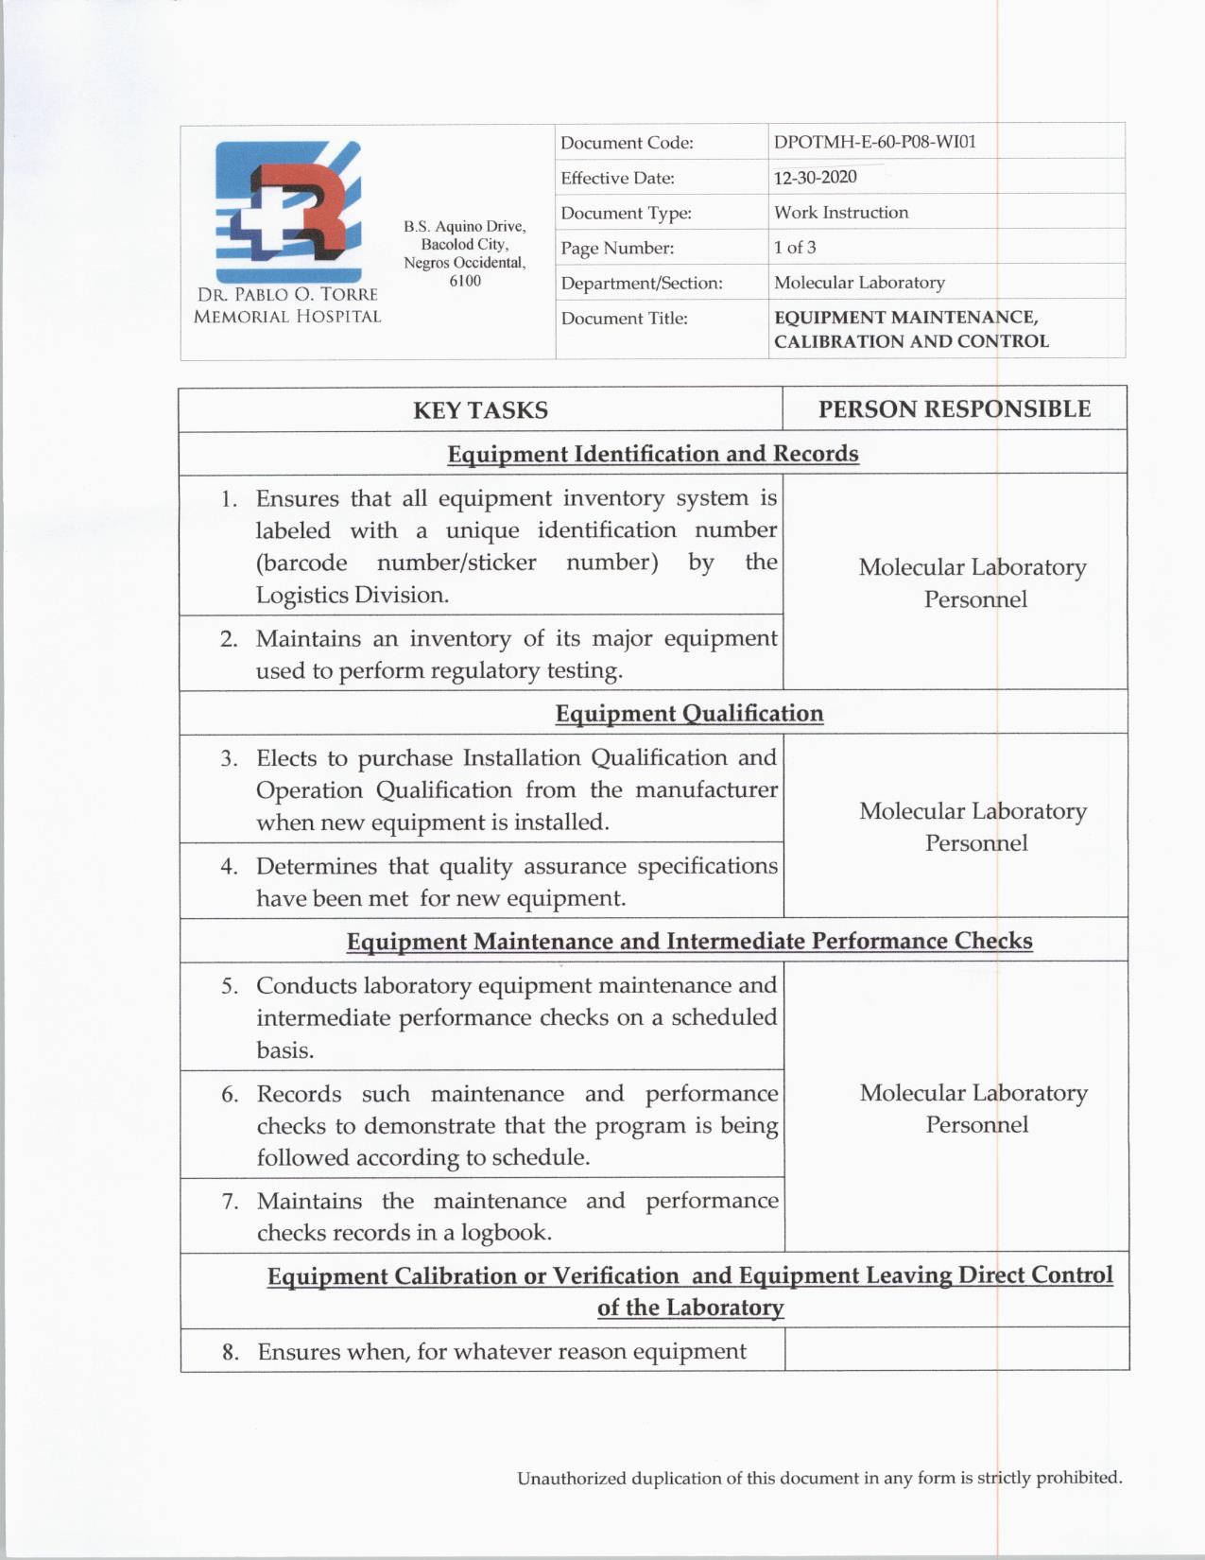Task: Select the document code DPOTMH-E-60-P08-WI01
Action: tap(874, 142)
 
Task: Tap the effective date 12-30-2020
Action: tap(815, 178)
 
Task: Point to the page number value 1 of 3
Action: tap(795, 248)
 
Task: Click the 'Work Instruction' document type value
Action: tap(840, 213)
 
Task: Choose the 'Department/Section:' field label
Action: tap(641, 284)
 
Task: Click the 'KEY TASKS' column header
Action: tap(480, 410)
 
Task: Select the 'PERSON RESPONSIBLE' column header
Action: tap(954, 409)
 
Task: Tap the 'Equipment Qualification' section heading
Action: tap(689, 714)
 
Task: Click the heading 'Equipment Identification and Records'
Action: tap(652, 454)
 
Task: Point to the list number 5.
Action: tap(230, 986)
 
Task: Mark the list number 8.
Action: tap(230, 1352)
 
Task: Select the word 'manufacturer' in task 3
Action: tap(706, 789)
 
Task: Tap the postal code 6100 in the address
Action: tap(465, 281)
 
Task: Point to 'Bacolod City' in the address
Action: tap(464, 245)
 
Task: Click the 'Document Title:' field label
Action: tap(624, 319)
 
